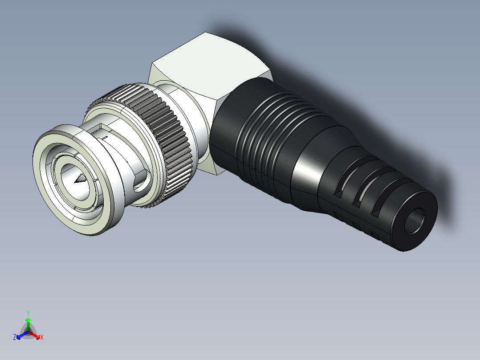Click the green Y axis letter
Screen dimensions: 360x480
(x=28, y=313)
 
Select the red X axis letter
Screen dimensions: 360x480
(x=42, y=338)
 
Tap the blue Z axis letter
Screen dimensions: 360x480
(x=15, y=338)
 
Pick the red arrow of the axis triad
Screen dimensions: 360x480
(x=37, y=335)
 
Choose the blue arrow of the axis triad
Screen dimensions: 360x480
(x=20, y=335)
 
